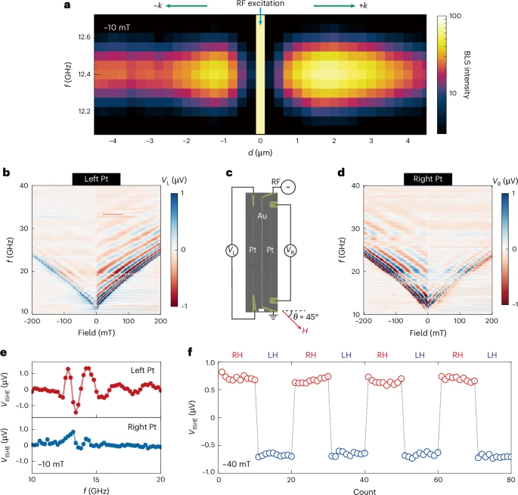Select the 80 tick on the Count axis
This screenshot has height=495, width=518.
(510, 480)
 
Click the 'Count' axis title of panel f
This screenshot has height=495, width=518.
(364, 490)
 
